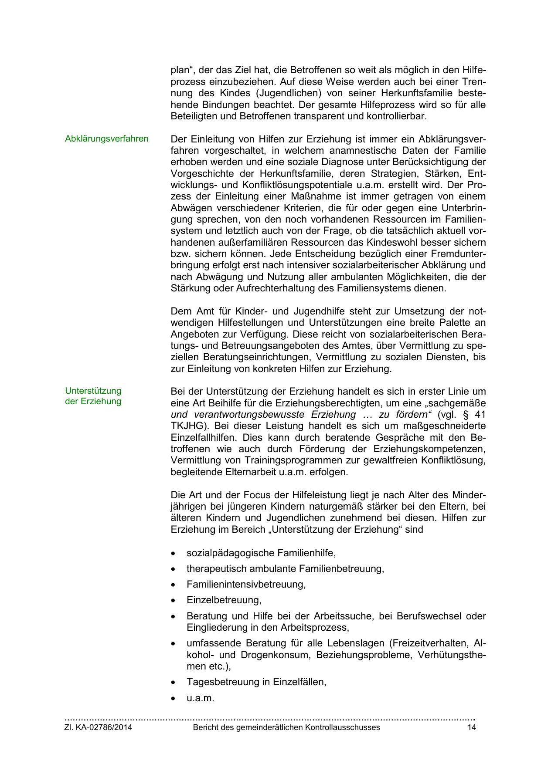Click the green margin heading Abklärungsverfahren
click(x=106, y=139)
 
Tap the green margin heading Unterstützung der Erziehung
click(x=93, y=396)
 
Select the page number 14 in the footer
click(x=471, y=727)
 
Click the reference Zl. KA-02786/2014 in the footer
click(x=98, y=727)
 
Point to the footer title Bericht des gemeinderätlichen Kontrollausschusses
click(x=286, y=727)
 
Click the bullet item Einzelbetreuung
click(x=224, y=600)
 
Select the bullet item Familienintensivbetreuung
click(x=246, y=585)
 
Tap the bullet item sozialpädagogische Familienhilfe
click(x=261, y=553)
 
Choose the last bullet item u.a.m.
click(x=200, y=698)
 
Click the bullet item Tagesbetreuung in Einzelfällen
click(x=256, y=682)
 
